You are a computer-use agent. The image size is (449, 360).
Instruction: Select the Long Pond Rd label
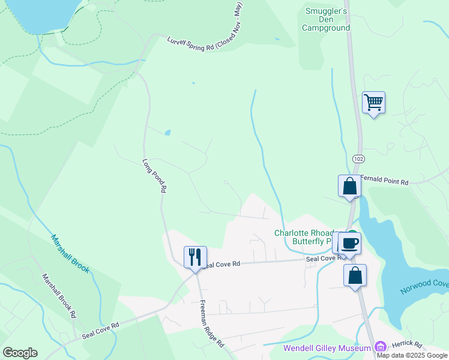click(154, 175)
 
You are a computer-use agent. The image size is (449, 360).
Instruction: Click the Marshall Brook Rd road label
click(58, 296)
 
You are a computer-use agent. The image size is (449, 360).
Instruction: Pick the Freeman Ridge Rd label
click(211, 324)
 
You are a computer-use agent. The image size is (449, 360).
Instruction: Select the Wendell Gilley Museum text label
click(328, 348)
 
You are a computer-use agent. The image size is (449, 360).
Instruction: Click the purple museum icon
click(379, 347)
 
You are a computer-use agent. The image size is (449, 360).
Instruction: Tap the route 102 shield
click(358, 158)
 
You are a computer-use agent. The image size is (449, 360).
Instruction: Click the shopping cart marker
click(373, 103)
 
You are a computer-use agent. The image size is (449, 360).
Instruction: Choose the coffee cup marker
click(349, 243)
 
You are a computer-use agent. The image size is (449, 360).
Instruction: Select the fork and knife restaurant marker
click(195, 257)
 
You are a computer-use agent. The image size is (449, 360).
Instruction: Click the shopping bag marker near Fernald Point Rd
click(349, 186)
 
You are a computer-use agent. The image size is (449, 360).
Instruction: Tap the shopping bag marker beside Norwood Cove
click(355, 275)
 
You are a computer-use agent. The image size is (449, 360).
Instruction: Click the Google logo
click(20, 353)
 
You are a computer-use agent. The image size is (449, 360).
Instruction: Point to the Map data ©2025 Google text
click(412, 355)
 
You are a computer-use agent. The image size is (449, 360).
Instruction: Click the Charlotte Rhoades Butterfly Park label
click(303, 237)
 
